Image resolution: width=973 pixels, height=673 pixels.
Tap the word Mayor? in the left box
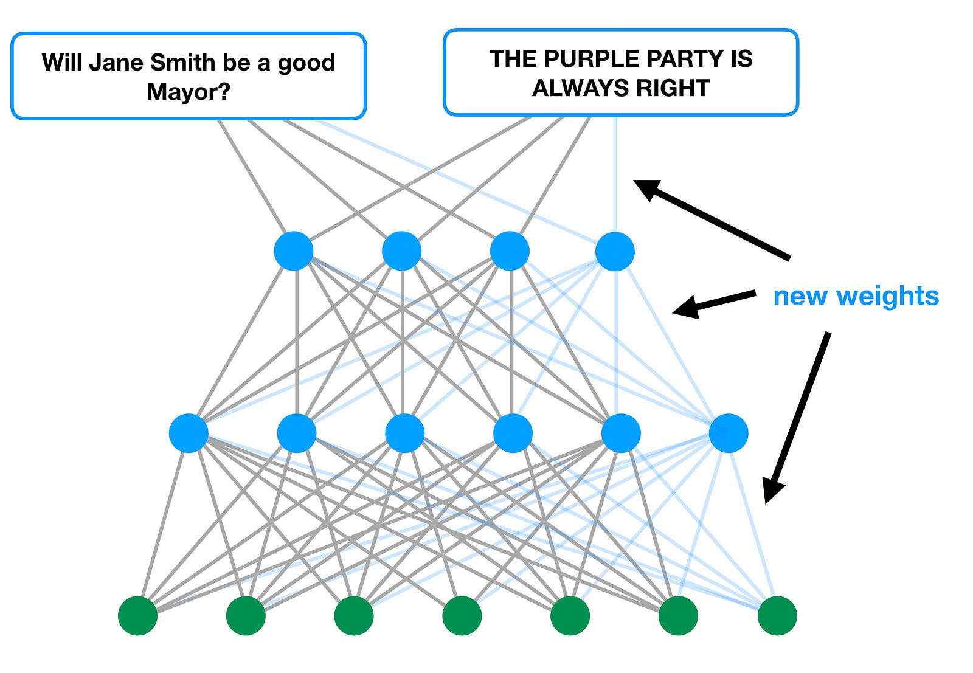189,92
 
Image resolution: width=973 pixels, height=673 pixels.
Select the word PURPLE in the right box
586,59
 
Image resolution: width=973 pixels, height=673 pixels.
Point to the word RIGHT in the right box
674,88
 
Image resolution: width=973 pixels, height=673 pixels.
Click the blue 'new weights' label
856,296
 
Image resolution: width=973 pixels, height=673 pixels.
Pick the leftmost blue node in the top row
294,250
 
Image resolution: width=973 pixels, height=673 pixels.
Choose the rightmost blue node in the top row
615,251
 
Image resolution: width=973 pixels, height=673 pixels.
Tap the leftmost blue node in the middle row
189,433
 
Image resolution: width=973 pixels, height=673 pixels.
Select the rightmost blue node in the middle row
728,433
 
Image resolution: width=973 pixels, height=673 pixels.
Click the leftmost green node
138,615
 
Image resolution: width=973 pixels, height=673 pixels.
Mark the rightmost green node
777,615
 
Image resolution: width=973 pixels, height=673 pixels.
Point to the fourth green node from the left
462,615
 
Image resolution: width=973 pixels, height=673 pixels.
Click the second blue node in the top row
401,250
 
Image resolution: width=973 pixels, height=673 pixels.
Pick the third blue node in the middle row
404,433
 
